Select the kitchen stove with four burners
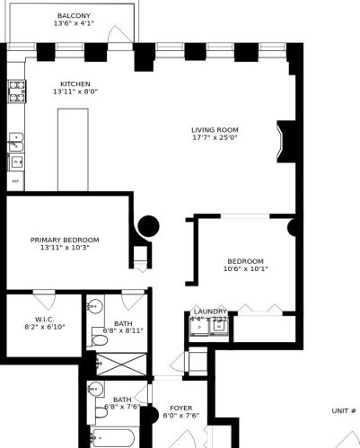click(x=16, y=89)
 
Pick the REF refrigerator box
click(x=15, y=182)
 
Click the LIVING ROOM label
click(x=215, y=129)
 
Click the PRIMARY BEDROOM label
click(x=65, y=240)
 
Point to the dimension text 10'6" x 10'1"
click(x=245, y=268)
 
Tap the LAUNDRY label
click(x=210, y=311)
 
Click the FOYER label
click(x=182, y=408)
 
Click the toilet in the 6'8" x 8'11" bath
click(x=99, y=340)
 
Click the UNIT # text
click(x=344, y=410)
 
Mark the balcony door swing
click(x=116, y=33)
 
